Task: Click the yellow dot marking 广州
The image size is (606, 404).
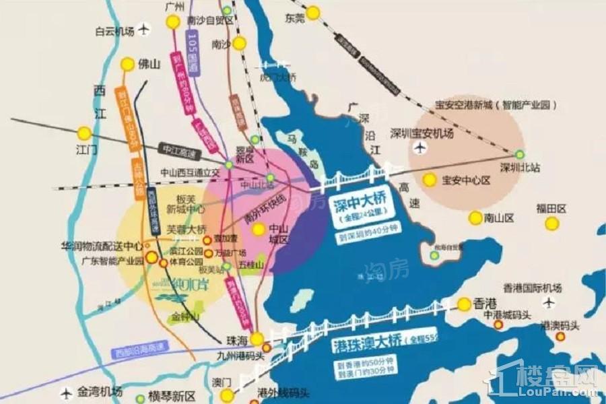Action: point(173,22)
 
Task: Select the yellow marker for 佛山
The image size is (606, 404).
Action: point(127,65)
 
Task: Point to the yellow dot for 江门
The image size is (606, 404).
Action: point(84,133)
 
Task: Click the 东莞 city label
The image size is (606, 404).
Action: point(294,18)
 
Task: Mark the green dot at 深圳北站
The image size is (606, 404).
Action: point(519,154)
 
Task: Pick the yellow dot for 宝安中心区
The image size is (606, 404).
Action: point(428,180)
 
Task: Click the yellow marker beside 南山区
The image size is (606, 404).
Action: point(476,217)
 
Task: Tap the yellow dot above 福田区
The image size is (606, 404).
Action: point(552,223)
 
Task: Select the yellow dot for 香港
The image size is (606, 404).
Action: point(464,304)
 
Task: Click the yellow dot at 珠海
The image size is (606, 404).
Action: point(257,339)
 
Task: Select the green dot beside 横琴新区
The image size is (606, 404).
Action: point(139,398)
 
